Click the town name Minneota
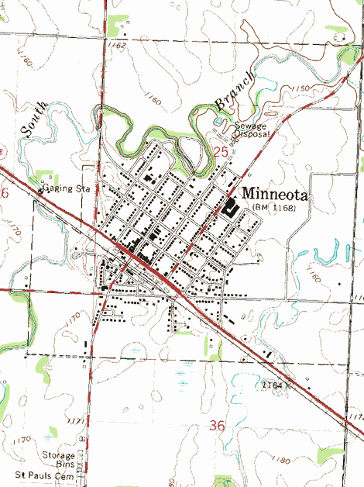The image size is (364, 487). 275,195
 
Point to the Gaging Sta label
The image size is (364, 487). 68,188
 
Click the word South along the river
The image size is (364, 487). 35,120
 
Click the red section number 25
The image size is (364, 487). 221,154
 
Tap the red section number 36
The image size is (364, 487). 218,425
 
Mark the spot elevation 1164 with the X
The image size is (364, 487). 275,385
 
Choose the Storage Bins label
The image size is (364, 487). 60,460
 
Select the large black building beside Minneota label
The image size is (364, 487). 230,207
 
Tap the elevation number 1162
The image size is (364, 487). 118,46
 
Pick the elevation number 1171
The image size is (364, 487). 75,420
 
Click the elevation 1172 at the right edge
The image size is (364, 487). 355,418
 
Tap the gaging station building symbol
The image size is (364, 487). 41,186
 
